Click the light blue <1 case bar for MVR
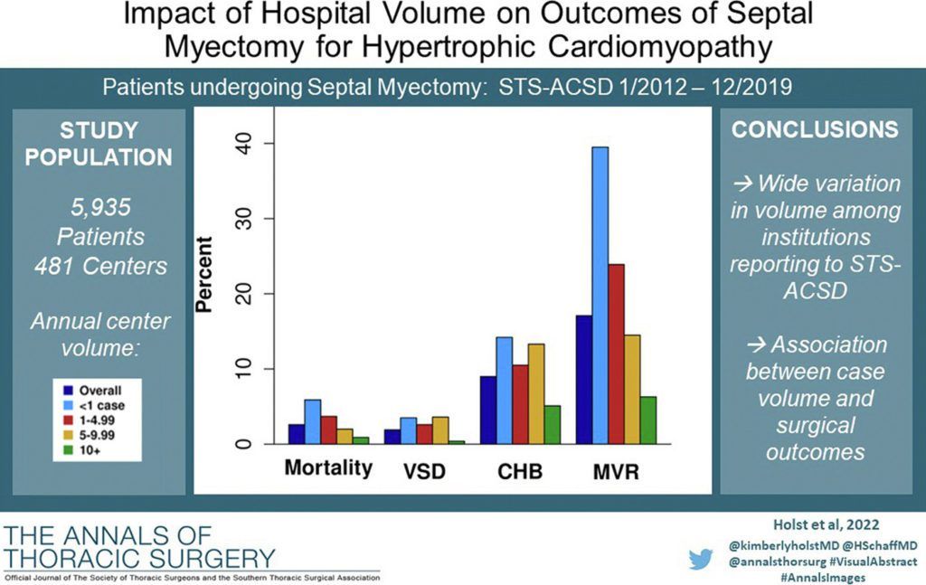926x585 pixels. tap(600, 295)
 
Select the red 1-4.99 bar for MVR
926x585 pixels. tap(616, 354)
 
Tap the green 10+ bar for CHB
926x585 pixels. tap(553, 424)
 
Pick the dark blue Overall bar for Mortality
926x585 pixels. tap(297, 434)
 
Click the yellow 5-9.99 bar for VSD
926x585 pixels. tap(440, 430)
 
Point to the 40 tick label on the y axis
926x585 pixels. tap(243, 144)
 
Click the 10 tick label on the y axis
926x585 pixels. tap(243, 369)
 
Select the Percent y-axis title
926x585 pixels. tap(203, 274)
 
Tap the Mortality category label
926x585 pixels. tap(328, 468)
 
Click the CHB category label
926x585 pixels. tap(520, 472)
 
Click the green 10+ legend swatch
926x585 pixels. tap(69, 450)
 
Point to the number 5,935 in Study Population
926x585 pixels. tap(101, 207)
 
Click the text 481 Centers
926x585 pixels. tap(100, 266)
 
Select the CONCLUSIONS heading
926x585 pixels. tap(815, 129)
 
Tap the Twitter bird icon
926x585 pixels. tap(701, 560)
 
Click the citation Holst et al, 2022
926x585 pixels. tap(827, 524)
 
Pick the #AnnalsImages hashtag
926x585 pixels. tap(823, 578)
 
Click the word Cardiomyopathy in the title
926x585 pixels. tap(660, 47)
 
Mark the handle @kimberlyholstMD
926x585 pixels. tap(775, 546)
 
